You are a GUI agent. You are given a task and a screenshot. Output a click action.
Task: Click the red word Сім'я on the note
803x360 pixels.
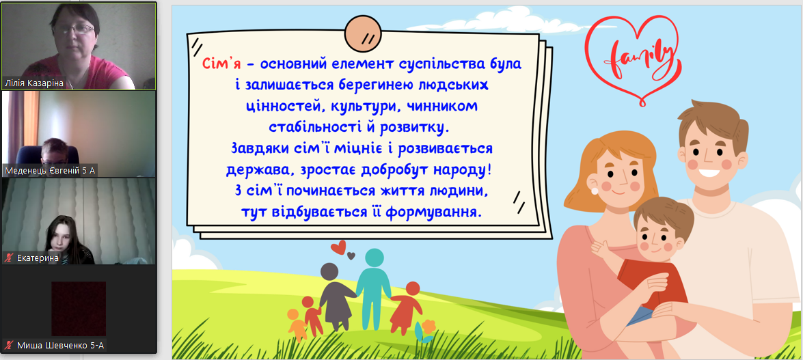(x=220, y=64)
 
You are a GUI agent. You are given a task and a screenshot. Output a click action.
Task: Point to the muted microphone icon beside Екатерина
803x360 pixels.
(x=9, y=258)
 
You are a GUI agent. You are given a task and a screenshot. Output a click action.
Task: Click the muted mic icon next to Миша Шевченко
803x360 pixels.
(x=9, y=346)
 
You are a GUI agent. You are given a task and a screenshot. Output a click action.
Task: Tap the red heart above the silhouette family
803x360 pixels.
(x=338, y=248)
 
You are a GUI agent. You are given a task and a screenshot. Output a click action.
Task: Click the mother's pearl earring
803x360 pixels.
(x=595, y=191)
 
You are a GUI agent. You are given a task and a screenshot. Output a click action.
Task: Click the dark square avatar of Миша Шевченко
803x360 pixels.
(x=79, y=308)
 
